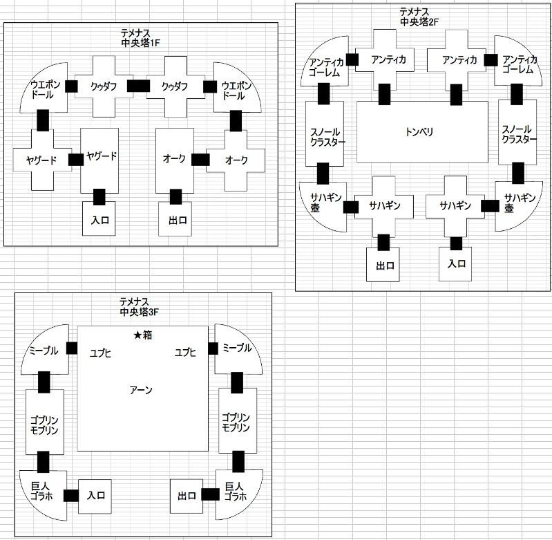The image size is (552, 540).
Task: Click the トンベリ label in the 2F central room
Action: (419, 132)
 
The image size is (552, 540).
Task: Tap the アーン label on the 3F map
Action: (141, 390)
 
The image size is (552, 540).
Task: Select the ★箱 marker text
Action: (143, 335)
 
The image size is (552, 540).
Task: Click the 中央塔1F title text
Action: (140, 43)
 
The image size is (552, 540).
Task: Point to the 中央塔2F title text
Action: (419, 22)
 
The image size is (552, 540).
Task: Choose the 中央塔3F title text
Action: (139, 312)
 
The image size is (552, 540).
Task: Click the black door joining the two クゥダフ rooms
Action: (138, 86)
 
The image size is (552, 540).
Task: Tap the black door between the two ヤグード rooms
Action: (76, 160)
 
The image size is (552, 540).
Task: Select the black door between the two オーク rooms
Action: (200, 160)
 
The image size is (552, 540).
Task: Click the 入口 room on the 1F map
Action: (99, 218)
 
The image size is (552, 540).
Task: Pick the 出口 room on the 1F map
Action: (175, 218)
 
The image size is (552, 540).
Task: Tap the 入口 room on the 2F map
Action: (455, 263)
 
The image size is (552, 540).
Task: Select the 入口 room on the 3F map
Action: (95, 496)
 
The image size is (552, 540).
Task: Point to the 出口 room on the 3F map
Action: (187, 496)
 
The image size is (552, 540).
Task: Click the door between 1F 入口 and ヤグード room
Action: (99, 197)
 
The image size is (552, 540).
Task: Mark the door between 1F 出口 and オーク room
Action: (175, 196)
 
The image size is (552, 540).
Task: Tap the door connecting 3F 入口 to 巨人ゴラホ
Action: (71, 495)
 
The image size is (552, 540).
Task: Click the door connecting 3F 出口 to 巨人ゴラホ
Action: (211, 494)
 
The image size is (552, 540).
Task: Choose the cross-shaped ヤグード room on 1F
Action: (43, 160)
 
